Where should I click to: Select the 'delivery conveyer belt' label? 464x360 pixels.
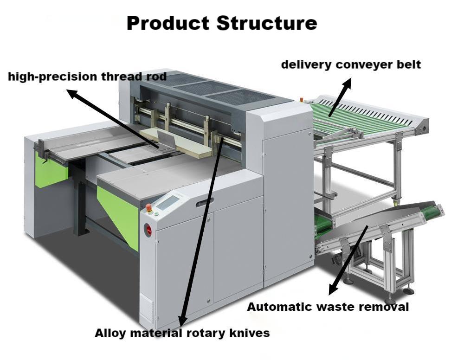coord(351,64)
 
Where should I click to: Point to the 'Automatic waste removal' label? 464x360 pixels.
coord(328,307)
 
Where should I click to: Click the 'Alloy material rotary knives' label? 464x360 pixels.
coord(182,333)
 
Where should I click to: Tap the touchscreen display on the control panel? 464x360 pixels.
coord(168,202)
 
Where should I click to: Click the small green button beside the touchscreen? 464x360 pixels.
coord(156,214)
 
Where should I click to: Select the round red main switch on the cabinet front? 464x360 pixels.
coord(148,229)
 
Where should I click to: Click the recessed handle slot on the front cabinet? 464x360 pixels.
coord(205,202)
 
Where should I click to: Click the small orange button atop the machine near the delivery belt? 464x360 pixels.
coord(303,99)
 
